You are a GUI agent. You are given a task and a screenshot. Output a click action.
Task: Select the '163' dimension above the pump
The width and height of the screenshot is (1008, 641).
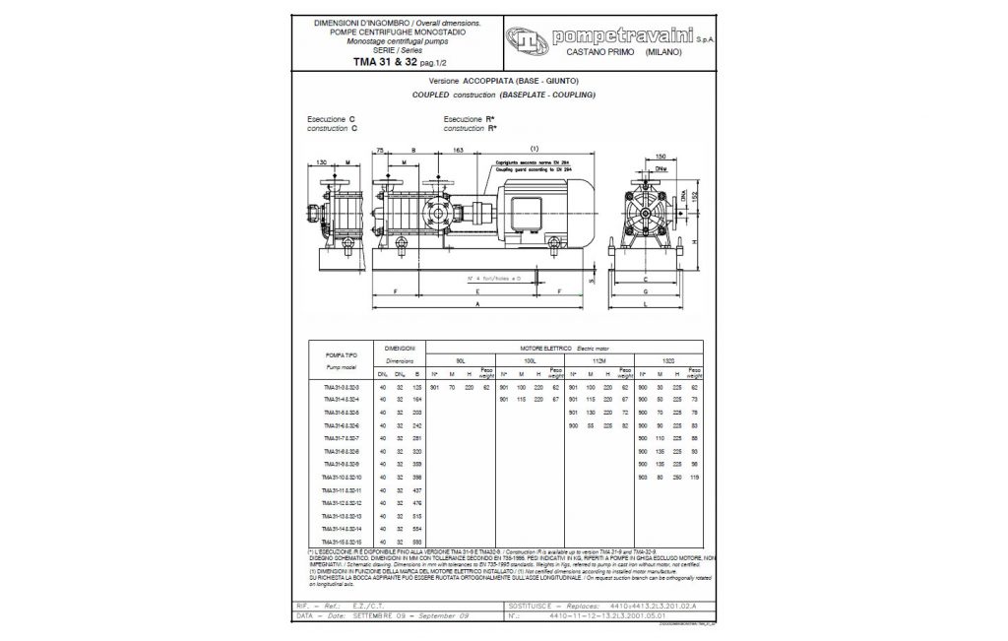point(458,150)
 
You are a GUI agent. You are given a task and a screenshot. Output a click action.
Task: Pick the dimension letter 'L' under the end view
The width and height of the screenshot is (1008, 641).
point(645,306)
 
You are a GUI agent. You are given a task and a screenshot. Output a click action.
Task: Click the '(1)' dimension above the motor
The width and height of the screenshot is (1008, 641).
point(535,150)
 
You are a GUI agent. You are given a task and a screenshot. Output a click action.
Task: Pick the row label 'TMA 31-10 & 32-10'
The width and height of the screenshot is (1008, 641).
point(342,477)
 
